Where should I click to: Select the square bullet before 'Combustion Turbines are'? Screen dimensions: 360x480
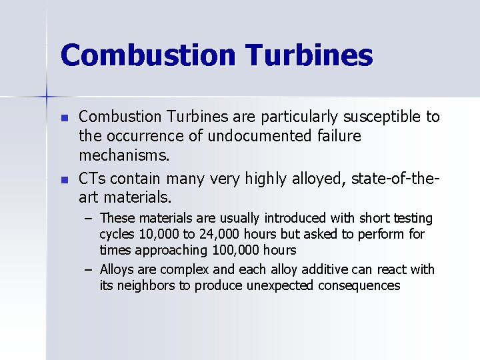coord(64,117)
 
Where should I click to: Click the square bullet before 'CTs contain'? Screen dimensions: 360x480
coord(64,179)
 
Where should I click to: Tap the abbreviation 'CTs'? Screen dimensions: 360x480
coord(92,179)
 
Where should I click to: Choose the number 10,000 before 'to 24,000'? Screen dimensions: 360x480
coord(155,234)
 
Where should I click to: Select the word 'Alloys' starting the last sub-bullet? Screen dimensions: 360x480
coord(118,270)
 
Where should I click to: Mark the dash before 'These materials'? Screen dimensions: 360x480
coord(89,219)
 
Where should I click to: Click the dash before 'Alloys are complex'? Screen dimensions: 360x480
coord(89,270)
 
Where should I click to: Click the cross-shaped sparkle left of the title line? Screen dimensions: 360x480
coord(47,97)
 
